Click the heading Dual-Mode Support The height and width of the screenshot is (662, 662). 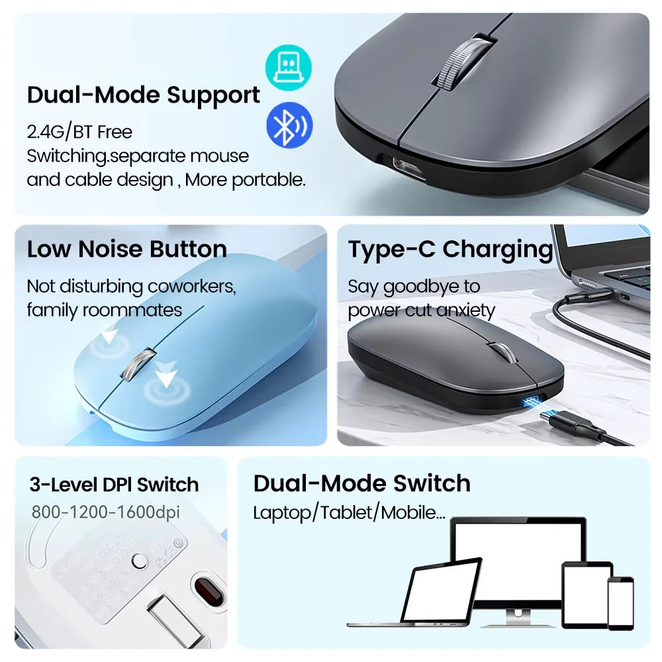point(144,95)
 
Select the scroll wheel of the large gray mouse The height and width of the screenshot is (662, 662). point(464,62)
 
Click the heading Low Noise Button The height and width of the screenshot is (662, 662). point(127,249)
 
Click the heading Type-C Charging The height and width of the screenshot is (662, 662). point(450,249)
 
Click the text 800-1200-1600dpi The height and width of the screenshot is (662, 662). point(105,512)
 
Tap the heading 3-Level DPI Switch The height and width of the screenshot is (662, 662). point(114,484)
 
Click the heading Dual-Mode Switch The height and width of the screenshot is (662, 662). point(361,483)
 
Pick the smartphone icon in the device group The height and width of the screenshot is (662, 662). point(620,603)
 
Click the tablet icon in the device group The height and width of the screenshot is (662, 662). point(587,594)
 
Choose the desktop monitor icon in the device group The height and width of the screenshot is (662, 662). point(518,563)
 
